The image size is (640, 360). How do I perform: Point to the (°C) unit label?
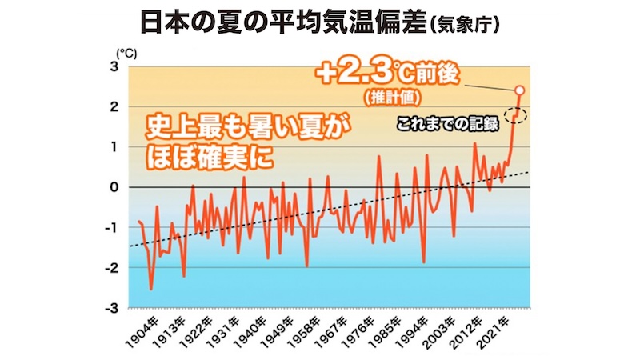click(127, 53)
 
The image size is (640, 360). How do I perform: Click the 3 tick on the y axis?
click(114, 66)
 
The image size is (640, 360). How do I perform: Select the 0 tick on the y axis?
click(114, 187)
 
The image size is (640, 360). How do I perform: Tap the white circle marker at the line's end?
click(519, 90)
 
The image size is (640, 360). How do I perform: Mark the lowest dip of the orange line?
click(151, 289)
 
